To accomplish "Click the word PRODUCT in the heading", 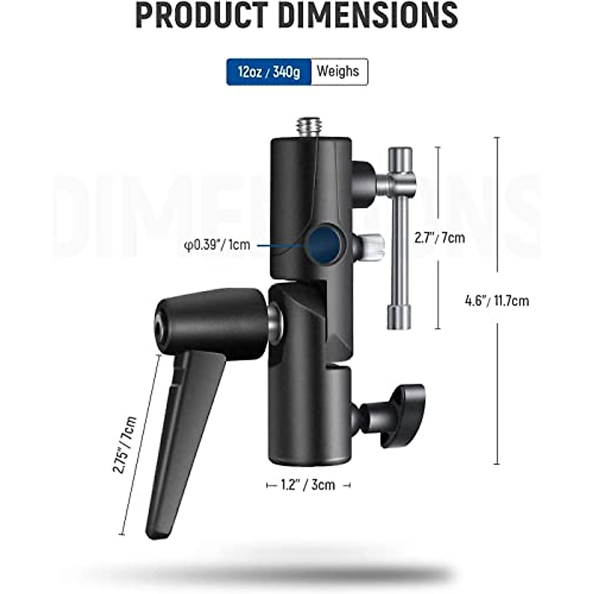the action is coord(201,15).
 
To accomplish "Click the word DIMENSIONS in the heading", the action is coord(368,15).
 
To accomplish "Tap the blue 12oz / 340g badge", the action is coord(269,71).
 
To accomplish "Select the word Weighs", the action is coord(338,71).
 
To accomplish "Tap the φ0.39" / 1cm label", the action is coord(217,245).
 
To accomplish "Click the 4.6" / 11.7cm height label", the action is coord(497,300).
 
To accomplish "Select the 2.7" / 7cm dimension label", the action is coord(440,238).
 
